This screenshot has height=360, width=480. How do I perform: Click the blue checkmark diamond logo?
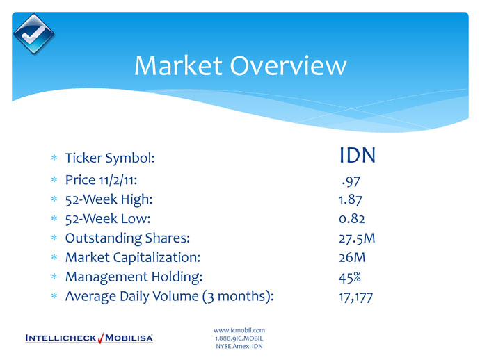coord(33,34)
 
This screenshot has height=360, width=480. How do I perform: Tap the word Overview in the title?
coord(289,65)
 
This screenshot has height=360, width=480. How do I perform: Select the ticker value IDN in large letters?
coord(358,156)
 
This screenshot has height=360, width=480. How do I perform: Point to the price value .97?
coord(351,181)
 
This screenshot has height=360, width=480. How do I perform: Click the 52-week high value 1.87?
coord(351,199)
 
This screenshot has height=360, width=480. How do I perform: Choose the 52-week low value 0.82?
coord(352,219)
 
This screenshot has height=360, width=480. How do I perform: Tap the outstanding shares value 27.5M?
coord(357,238)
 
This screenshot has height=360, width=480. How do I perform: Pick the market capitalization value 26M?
coord(352,257)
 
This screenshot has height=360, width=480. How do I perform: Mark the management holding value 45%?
coord(350,277)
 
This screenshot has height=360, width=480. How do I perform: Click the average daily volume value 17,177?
coord(355,297)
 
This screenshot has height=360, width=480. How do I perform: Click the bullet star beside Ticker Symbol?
coord(54,158)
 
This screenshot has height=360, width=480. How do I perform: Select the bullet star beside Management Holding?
coord(54,277)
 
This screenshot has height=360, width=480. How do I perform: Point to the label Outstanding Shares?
coord(128,238)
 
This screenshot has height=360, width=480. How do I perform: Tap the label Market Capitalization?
coord(133,257)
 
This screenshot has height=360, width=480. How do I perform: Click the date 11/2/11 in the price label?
coord(118,180)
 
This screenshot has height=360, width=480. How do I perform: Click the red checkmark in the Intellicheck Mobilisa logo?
coord(101,338)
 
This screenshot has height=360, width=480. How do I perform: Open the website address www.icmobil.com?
coord(239,330)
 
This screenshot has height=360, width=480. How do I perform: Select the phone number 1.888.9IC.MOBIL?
coord(239,338)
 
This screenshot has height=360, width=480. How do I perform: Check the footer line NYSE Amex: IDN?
coord(239,346)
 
